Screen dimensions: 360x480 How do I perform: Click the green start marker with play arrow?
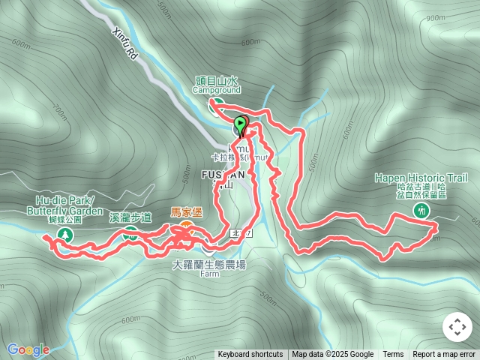[x=240, y=124]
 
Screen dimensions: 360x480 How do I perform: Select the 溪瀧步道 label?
[x=130, y=217]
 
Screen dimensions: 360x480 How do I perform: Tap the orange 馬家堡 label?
[x=187, y=212]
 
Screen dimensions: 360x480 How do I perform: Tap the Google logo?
[x=28, y=349]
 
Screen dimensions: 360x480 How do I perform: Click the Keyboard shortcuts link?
[x=250, y=355]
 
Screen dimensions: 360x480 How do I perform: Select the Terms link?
[x=393, y=355]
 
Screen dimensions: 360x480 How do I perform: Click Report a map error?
[x=445, y=355]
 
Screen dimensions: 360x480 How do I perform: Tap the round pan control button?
[x=457, y=327]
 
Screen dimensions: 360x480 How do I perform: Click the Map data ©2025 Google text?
[x=333, y=355]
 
